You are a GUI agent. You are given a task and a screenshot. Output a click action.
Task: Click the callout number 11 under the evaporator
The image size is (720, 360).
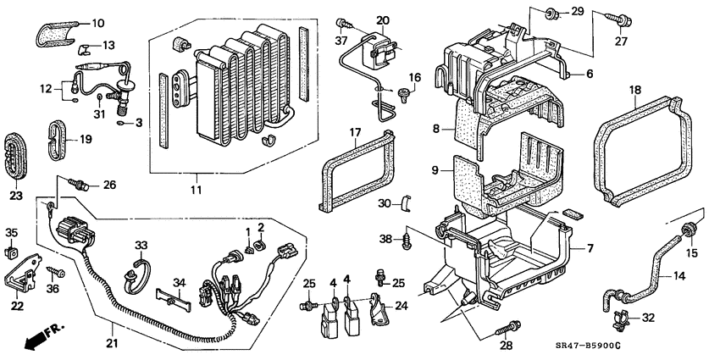[197, 191]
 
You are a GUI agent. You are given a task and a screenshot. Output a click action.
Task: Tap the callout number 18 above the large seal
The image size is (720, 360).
[635, 88]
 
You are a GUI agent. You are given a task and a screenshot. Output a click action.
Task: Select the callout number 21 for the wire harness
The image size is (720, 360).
[112, 343]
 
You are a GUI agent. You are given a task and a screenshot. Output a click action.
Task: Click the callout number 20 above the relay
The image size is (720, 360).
[382, 19]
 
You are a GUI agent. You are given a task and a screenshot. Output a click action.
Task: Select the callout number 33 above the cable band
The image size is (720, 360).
[141, 245]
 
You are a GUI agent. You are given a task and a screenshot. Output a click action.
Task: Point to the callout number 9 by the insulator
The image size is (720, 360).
[435, 169]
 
